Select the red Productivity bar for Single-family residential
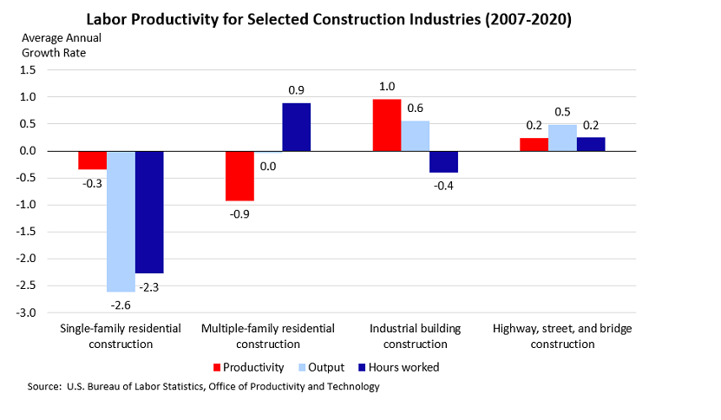click(92, 160)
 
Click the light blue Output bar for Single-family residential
click(121, 221)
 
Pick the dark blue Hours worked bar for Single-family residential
click(149, 212)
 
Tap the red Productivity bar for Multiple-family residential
click(239, 175)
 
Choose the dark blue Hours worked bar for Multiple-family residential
click(296, 127)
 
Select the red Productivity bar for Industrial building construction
click(387, 125)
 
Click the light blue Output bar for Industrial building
click(415, 135)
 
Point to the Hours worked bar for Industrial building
click(443, 161)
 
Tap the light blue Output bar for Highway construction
click(562, 138)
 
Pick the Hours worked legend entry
click(400, 367)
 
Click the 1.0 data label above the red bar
click(386, 86)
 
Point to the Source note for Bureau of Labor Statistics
click(204, 387)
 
